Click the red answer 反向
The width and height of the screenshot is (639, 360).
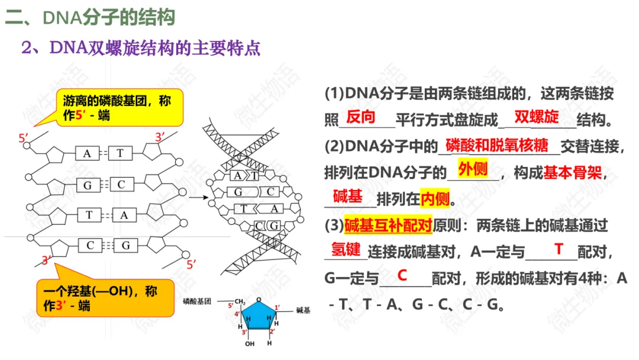pyautogui.click(x=361, y=117)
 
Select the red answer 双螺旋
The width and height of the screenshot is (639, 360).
pyautogui.click(x=536, y=117)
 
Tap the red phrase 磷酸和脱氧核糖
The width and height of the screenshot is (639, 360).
pyautogui.click(x=497, y=144)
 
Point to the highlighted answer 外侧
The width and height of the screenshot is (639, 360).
pyautogui.click(x=473, y=170)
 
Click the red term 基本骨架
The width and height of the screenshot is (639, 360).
pyautogui.click(x=572, y=173)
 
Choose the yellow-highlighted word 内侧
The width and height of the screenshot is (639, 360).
pyautogui.click(x=435, y=200)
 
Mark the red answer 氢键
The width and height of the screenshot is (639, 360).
pyautogui.click(x=346, y=249)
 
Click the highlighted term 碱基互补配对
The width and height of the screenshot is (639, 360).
pyautogui.click(x=388, y=226)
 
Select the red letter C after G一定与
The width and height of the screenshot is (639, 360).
pyautogui.click(x=402, y=275)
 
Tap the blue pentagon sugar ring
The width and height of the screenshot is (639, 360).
pyautogui.click(x=257, y=316)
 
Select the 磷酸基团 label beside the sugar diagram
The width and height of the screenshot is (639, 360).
pyautogui.click(x=201, y=301)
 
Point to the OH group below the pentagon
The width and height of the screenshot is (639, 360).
pyautogui.click(x=249, y=343)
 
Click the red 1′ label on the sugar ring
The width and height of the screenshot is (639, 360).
pyautogui.click(x=277, y=307)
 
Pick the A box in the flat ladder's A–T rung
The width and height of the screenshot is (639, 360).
pyautogui.click(x=87, y=154)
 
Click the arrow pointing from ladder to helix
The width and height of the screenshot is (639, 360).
pyautogui.click(x=201, y=197)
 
